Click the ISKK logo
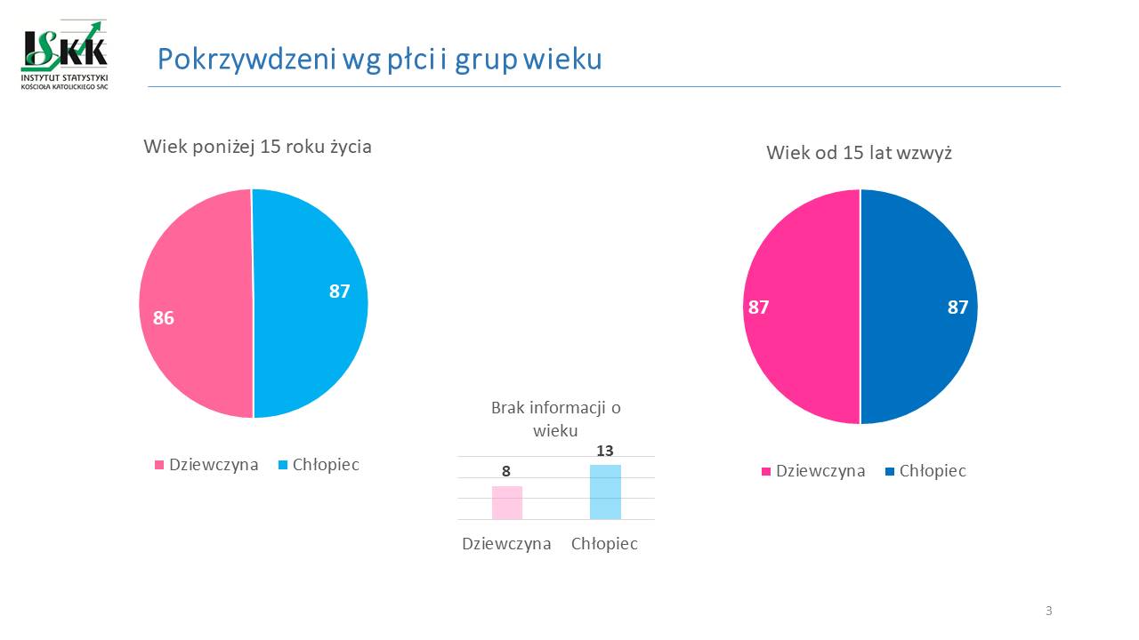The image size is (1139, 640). click(x=65, y=53)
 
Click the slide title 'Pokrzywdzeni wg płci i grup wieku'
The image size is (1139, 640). click(x=380, y=59)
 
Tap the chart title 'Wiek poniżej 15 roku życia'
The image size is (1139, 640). click(x=257, y=147)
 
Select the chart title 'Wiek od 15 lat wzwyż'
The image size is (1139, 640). click(x=859, y=153)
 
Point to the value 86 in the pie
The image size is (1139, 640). click(x=163, y=317)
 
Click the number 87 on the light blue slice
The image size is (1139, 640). click(x=339, y=291)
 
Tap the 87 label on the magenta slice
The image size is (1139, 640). click(x=758, y=308)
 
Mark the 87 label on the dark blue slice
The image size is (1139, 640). click(x=957, y=308)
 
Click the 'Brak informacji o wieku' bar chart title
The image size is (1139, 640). click(x=555, y=419)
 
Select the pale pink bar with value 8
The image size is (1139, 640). click(x=507, y=502)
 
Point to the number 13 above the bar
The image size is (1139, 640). click(x=605, y=451)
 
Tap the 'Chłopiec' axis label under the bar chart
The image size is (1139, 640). click(x=604, y=544)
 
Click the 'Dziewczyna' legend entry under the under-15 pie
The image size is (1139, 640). click(x=207, y=465)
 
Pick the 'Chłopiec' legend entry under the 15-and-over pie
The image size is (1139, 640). click(x=925, y=471)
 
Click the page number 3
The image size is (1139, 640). click(x=1048, y=611)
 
